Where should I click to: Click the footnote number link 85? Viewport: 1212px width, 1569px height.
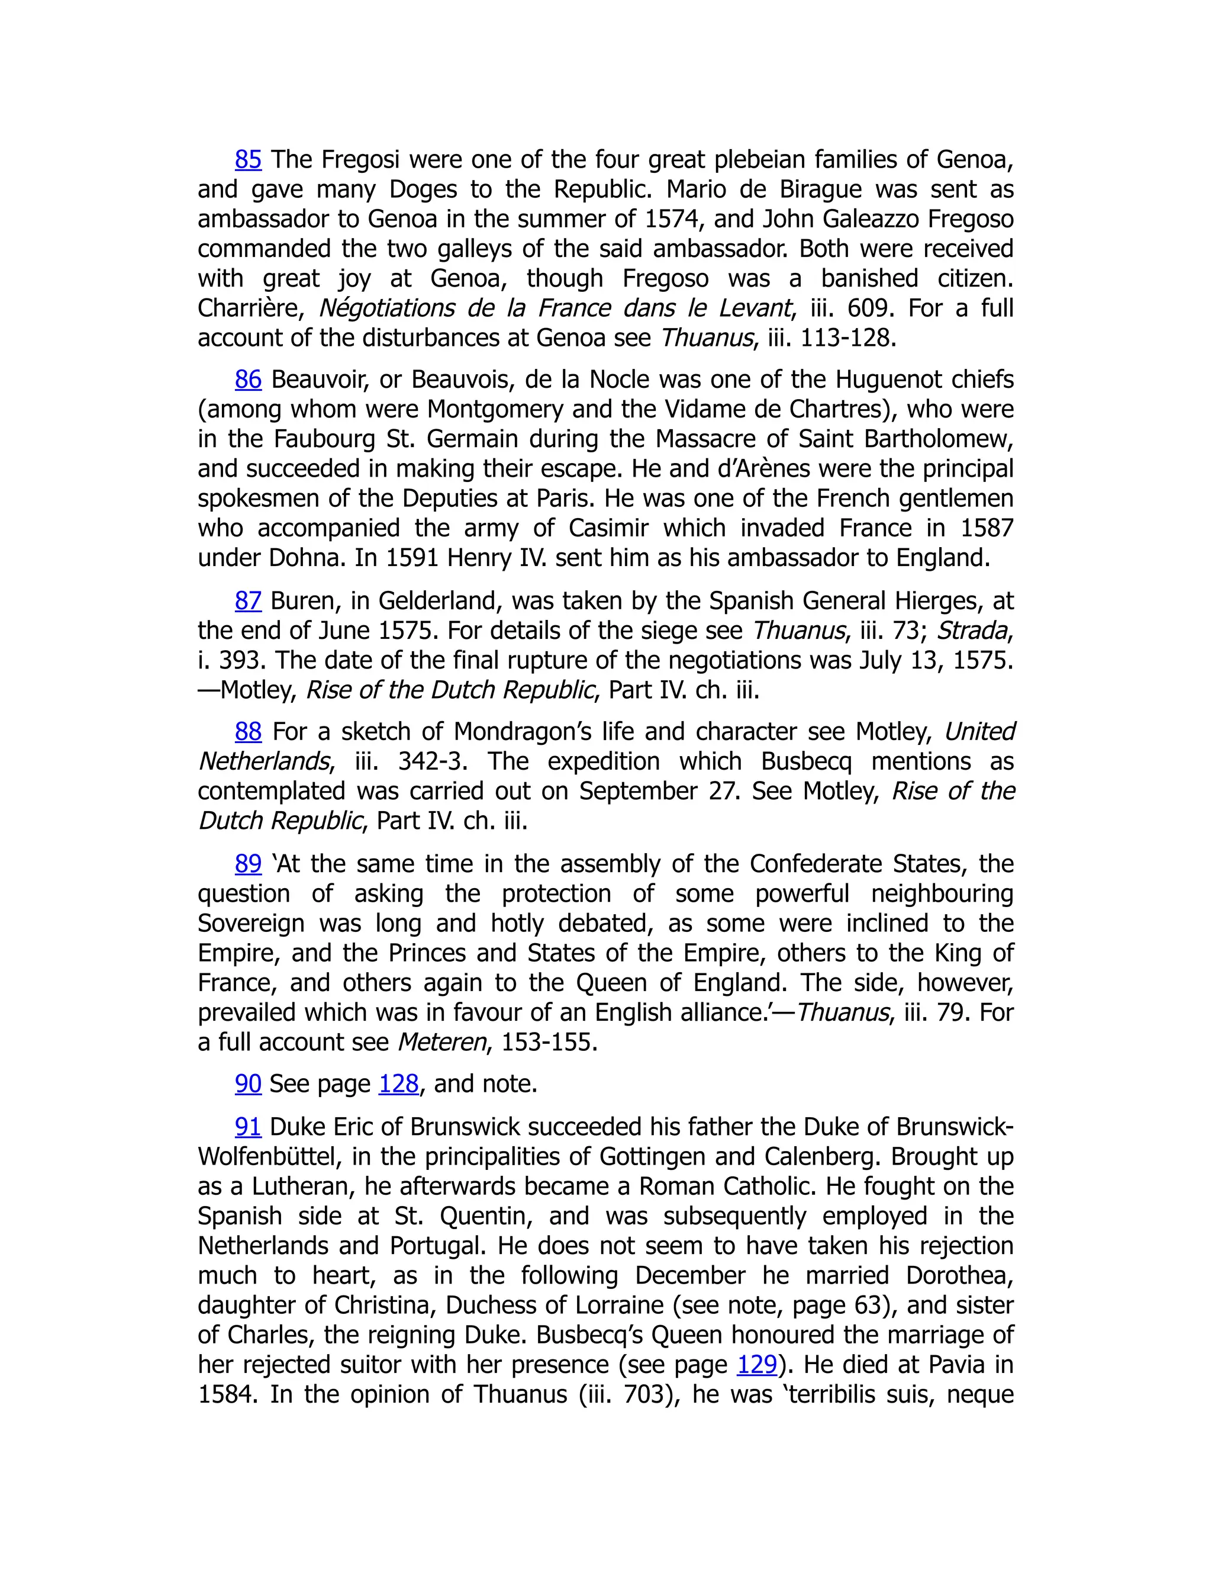coord(248,159)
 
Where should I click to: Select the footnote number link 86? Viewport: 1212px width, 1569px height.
coord(248,380)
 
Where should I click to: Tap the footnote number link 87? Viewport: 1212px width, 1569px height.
coord(248,600)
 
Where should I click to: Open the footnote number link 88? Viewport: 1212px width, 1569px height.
coord(248,732)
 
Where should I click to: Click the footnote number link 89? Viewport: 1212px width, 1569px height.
coord(248,863)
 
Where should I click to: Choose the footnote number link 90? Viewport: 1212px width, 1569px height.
coord(248,1084)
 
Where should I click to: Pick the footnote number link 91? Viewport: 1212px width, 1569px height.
coord(248,1127)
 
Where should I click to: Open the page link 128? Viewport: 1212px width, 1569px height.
coord(398,1084)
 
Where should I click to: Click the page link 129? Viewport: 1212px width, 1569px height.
coord(757,1364)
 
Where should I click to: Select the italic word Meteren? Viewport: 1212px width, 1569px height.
coord(441,1043)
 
